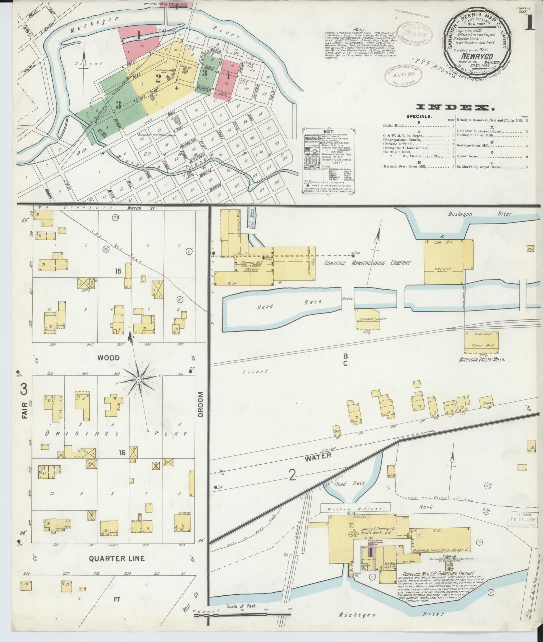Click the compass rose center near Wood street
(x=138, y=379)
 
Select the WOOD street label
(x=108, y=357)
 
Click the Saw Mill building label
(x=442, y=243)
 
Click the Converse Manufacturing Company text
(x=367, y=263)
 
